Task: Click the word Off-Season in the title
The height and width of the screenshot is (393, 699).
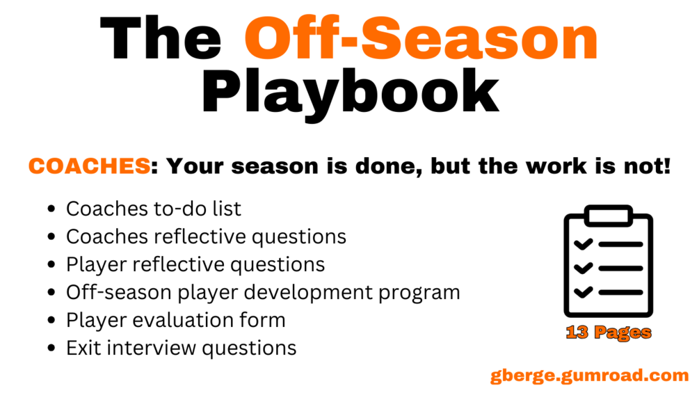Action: pyautogui.click(x=421, y=39)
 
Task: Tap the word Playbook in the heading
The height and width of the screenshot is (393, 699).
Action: pyautogui.click(x=351, y=93)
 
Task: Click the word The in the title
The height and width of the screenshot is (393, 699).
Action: pyautogui.click(x=161, y=39)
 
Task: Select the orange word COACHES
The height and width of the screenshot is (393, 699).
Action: pyautogui.click(x=89, y=166)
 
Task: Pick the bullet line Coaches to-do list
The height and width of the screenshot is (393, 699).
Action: pyautogui.click(x=153, y=209)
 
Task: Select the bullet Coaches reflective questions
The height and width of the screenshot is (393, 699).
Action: pyautogui.click(x=206, y=236)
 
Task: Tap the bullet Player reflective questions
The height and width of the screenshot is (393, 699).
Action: pyautogui.click(x=195, y=265)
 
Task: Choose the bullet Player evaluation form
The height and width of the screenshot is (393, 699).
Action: pyautogui.click(x=176, y=321)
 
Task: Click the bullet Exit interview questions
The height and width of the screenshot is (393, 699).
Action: pyautogui.click(x=181, y=348)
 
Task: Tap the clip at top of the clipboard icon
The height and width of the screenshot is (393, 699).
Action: pyautogui.click(x=609, y=215)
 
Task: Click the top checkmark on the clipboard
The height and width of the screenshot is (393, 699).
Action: pyautogui.click(x=583, y=244)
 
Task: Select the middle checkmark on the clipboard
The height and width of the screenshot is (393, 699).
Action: pyautogui.click(x=583, y=268)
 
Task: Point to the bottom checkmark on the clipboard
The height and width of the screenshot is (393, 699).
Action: pyautogui.click(x=583, y=292)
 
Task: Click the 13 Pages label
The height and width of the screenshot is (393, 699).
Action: pyautogui.click(x=609, y=332)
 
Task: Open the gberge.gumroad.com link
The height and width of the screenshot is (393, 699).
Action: pyautogui.click(x=589, y=375)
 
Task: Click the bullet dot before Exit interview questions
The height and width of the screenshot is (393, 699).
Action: pyautogui.click(x=51, y=348)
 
